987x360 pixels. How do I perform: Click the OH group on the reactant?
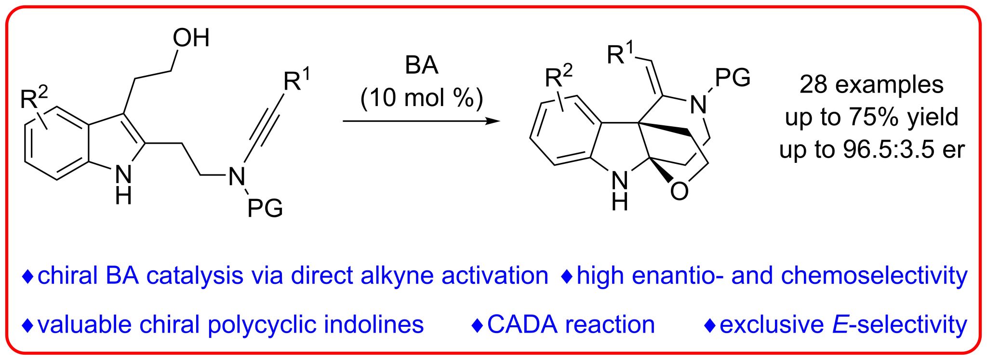[191, 38]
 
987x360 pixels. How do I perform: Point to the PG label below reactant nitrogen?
[265, 208]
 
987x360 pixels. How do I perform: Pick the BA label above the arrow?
[422, 65]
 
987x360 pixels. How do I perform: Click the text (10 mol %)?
[422, 98]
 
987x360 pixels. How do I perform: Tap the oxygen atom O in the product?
[679, 191]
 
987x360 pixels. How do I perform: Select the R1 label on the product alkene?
[620, 53]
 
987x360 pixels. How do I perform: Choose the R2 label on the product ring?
[559, 76]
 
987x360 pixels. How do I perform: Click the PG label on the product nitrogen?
[733, 77]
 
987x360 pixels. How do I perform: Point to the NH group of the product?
[620, 190]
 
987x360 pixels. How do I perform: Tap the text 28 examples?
[871, 85]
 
